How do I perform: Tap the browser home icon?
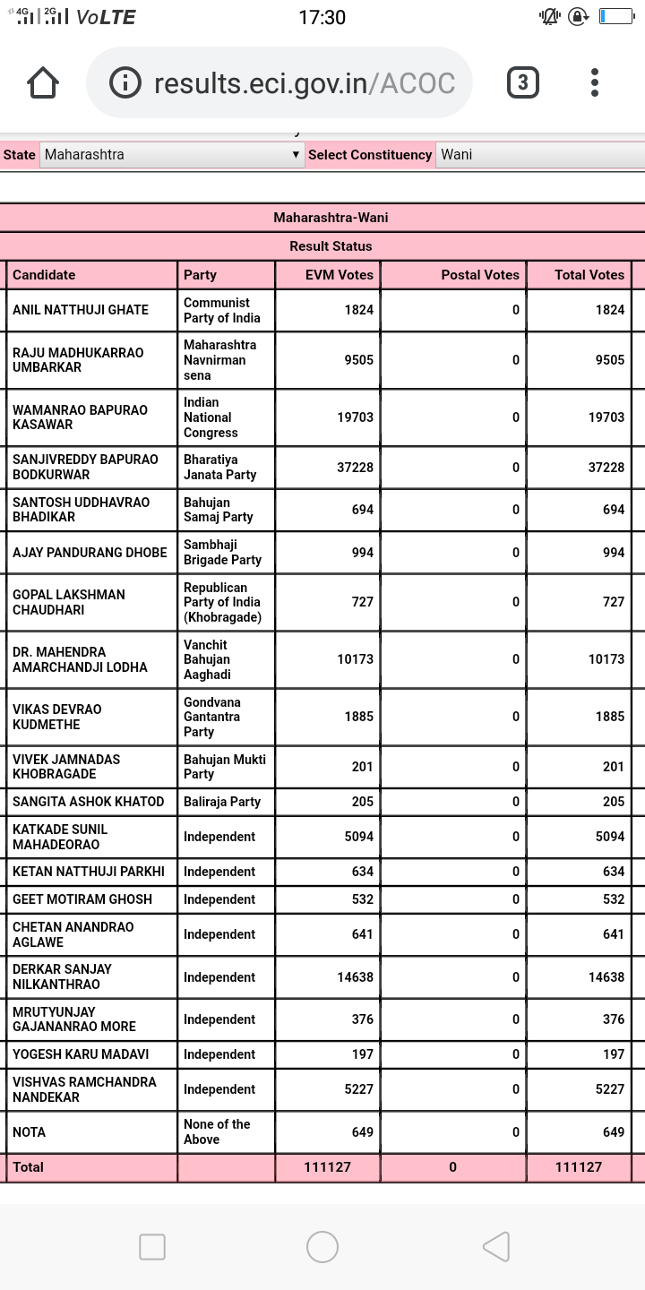43,83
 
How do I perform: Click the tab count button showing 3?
523,83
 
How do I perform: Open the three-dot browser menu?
595,83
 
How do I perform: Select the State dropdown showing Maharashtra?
170,155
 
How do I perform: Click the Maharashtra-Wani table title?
331,218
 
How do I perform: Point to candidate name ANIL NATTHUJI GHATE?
81,310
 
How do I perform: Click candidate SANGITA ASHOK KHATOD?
89,802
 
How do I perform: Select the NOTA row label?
30,1132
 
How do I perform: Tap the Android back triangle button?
496,1247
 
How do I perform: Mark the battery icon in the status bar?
616,16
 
